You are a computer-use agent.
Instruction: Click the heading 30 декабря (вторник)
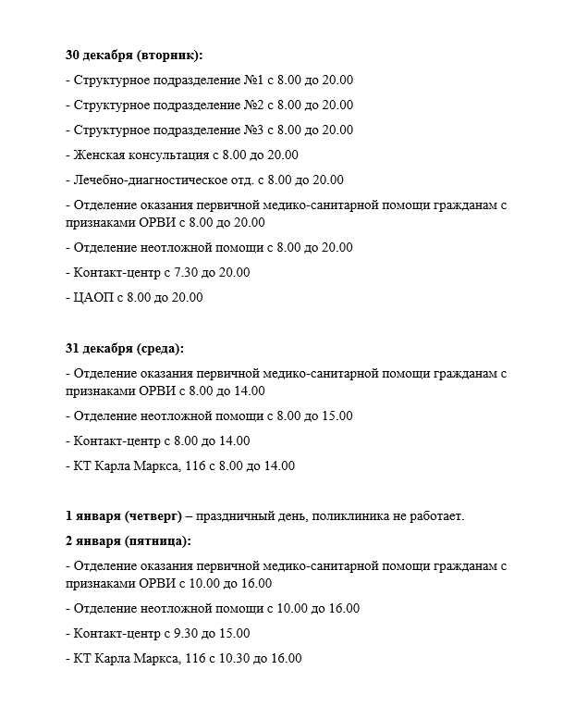(133, 55)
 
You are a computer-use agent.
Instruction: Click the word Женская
(99, 155)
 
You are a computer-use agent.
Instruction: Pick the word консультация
(171, 155)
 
